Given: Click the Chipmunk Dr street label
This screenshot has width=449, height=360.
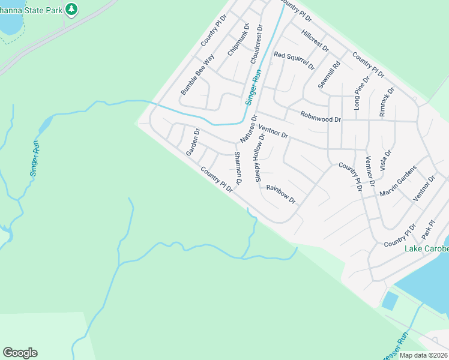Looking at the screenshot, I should tap(238, 44).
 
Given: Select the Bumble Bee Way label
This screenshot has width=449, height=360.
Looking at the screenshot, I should tap(197, 75).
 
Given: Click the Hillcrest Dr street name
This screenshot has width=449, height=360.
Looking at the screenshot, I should tap(315, 40).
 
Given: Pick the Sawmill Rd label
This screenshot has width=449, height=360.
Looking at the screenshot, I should tap(329, 75).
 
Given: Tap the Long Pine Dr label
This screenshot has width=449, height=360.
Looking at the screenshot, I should tap(363, 94).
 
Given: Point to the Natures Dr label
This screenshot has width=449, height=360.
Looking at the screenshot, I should tap(249, 129).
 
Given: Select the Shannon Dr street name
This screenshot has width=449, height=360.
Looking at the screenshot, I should tap(238, 168).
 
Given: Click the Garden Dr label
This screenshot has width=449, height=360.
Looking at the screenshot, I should tap(193, 142).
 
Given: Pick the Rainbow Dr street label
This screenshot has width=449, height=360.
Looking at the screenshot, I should tap(281, 194).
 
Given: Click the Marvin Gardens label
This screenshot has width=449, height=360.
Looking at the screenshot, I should tap(398, 182).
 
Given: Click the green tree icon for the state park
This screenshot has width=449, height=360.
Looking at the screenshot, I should tap(72, 9).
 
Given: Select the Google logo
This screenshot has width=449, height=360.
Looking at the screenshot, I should tap(20, 353).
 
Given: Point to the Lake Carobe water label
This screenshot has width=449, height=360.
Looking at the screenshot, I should tap(426, 249).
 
